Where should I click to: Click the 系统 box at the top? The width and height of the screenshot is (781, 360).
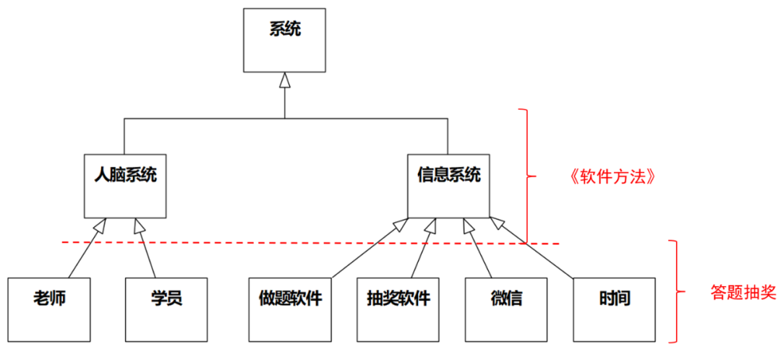[x=284, y=40]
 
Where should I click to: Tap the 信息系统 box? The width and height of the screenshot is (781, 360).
[x=448, y=185]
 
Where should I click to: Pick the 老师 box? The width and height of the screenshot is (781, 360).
[x=49, y=309]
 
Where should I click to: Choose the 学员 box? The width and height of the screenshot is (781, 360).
[x=166, y=309]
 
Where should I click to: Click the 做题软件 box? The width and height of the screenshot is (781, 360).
[x=290, y=309]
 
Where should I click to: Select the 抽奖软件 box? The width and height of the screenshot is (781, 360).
[x=398, y=309]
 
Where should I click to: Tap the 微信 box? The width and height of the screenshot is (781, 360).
[x=506, y=309]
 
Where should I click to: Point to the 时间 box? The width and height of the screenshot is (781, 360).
[x=614, y=309]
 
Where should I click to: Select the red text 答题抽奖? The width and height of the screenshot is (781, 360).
[x=742, y=292]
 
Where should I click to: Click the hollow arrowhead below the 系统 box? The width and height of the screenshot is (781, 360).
[x=285, y=80]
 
